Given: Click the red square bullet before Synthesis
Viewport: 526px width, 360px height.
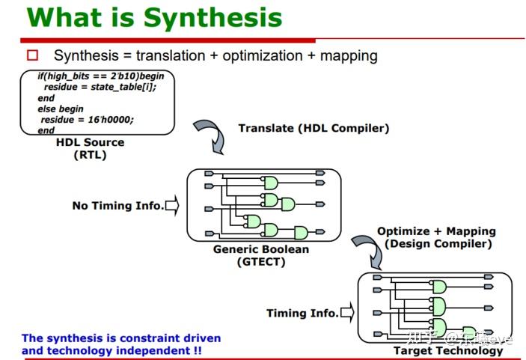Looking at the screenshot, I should [x=32, y=55].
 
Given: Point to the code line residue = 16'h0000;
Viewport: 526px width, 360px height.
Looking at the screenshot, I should [x=87, y=119].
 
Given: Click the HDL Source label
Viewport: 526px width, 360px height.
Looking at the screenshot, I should [x=90, y=142].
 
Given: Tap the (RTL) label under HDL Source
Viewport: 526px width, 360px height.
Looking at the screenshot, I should [x=90, y=155].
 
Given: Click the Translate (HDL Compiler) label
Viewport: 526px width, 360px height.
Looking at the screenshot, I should [x=314, y=128].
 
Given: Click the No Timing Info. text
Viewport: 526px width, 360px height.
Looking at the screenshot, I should [x=117, y=205].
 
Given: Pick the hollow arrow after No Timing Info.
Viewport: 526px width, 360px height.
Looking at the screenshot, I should [x=172, y=205].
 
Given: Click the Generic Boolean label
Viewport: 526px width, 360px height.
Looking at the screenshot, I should [x=260, y=249].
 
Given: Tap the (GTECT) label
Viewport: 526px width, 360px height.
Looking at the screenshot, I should [x=260, y=261].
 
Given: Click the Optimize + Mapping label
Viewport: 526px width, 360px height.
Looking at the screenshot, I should [x=436, y=231].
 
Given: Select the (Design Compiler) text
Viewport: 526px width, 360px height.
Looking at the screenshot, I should [x=438, y=243].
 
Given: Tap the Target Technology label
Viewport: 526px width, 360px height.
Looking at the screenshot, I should [x=448, y=350].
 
